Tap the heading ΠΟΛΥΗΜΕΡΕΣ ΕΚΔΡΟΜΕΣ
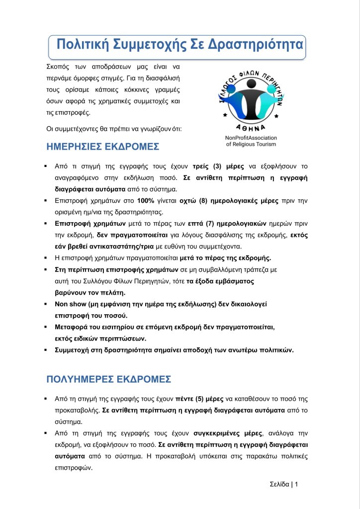(108, 379)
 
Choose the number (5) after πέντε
(201, 399)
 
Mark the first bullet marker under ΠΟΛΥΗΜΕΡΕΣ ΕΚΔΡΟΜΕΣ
(45, 399)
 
